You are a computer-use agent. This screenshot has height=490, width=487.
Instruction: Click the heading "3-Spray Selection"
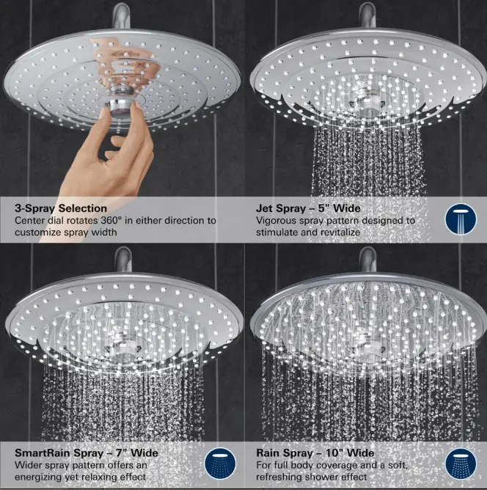point(61,208)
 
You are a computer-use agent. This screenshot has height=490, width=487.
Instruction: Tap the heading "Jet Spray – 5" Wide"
point(308,208)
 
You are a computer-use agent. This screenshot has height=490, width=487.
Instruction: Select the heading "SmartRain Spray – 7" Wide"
point(87,453)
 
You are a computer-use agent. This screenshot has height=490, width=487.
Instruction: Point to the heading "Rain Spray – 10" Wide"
point(315,453)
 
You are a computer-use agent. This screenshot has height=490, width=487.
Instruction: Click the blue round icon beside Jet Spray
point(461,219)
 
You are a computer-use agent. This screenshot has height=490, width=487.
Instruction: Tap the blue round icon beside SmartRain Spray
point(220,464)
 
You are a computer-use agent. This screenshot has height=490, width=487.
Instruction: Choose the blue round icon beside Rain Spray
point(461,464)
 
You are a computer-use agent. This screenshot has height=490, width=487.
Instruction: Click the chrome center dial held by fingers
point(120,107)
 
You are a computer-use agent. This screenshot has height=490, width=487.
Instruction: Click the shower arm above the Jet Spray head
point(367,15)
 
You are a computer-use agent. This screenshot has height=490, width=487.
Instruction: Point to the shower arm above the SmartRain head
point(122,260)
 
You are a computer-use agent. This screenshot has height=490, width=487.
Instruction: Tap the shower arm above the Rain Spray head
point(367,260)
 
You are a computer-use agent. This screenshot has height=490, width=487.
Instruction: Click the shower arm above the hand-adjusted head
point(120,15)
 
